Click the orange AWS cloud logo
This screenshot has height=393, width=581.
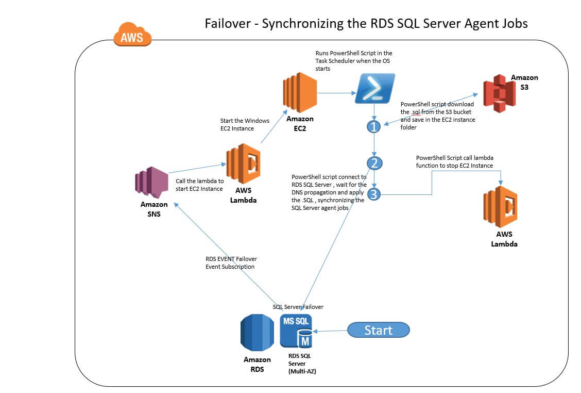(x=132, y=36)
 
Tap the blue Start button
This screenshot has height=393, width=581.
(x=378, y=330)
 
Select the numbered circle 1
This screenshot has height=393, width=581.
(x=374, y=126)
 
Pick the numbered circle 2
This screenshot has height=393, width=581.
(x=374, y=163)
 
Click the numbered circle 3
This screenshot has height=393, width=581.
(x=374, y=194)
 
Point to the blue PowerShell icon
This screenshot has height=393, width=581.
(x=375, y=88)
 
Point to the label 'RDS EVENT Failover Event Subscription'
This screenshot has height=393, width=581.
(x=231, y=263)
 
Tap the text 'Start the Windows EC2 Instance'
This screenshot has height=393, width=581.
(x=244, y=124)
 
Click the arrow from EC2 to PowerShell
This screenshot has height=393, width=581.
(x=336, y=93)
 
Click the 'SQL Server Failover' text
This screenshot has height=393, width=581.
(x=298, y=307)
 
